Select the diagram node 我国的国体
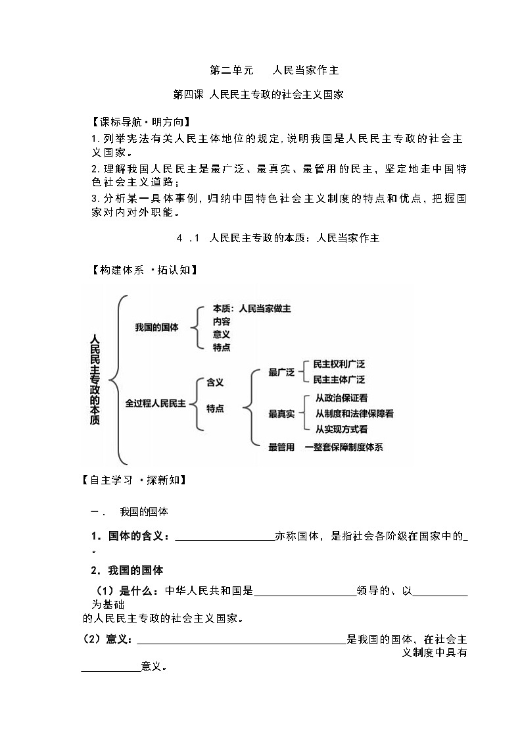[x=156, y=327]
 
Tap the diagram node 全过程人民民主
[x=156, y=403]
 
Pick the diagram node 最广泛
[x=281, y=372]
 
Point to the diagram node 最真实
[x=281, y=413]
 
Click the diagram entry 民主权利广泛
[x=339, y=364]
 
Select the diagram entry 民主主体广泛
[x=339, y=380]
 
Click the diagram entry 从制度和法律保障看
[x=354, y=413]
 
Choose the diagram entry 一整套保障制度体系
[x=344, y=447]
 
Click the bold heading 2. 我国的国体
[x=127, y=570]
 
